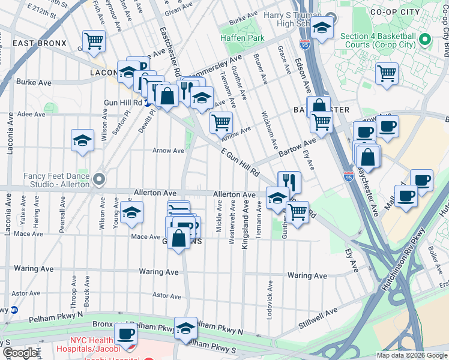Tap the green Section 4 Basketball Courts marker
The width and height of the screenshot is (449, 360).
426,40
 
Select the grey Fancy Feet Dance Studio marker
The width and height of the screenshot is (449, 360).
100,178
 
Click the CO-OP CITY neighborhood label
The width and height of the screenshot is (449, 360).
405,11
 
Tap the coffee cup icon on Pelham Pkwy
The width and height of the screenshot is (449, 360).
125,333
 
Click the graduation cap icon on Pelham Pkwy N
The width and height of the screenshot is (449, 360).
186,327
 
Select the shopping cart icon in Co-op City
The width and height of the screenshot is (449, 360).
387,73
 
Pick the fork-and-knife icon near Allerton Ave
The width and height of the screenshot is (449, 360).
289,181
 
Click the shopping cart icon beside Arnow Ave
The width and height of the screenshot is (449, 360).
221,122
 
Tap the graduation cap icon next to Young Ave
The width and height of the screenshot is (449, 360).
132,212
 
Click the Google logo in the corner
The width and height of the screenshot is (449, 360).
20,353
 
